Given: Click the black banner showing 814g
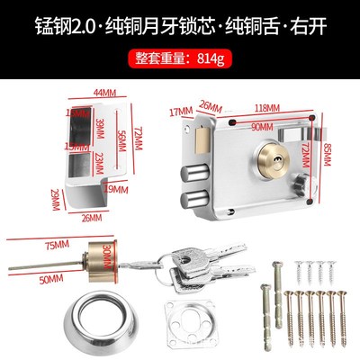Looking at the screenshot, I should point(179,59).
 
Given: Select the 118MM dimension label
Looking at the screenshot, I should point(265,103).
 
